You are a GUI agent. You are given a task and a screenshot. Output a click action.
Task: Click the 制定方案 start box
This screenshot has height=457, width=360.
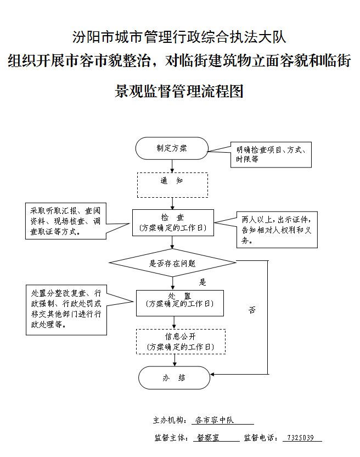click(172, 148)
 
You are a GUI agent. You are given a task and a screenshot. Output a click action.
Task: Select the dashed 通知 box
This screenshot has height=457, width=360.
click(172, 185)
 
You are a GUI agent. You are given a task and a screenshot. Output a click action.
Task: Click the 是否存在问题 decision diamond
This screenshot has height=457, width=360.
click(172, 263)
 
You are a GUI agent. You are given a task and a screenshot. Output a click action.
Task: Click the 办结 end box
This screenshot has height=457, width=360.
click(174, 378)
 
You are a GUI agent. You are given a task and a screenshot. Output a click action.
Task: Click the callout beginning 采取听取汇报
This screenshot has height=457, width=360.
click(65, 221)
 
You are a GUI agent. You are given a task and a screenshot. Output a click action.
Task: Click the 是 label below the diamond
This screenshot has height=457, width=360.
click(203, 282)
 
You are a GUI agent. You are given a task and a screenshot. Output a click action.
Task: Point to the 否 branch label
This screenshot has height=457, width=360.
click(252, 310)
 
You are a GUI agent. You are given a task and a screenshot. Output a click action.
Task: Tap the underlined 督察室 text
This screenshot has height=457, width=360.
click(208, 438)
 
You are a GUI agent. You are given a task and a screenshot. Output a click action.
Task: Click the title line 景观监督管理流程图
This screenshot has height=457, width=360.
click(179, 91)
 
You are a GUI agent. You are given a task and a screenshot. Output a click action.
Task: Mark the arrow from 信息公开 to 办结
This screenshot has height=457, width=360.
click(175, 360)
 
